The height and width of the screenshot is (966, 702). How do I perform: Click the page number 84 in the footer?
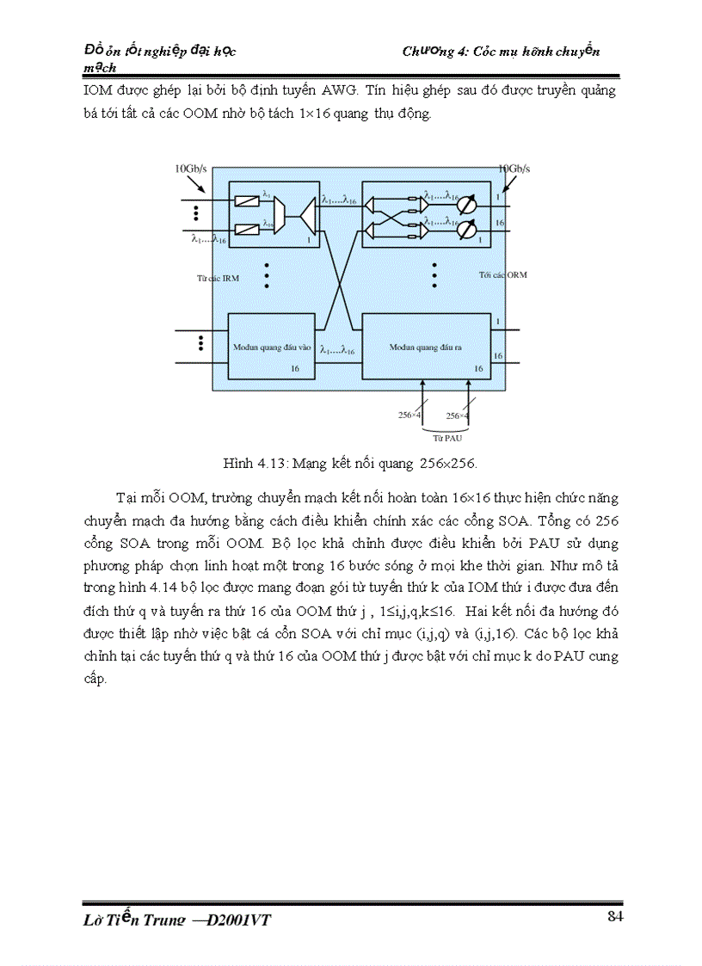point(614,915)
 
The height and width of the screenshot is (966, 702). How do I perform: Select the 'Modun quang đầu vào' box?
point(268,346)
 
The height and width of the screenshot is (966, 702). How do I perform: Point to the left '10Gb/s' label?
point(190,169)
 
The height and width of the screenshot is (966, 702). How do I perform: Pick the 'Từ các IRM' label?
point(213,279)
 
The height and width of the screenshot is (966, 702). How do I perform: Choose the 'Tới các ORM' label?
point(503,274)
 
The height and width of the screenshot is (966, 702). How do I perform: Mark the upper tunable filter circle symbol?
point(466,206)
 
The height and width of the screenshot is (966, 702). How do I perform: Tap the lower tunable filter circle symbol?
point(466,230)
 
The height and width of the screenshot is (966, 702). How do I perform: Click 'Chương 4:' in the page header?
point(435,52)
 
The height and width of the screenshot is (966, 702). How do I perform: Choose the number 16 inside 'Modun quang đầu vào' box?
point(294,367)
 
